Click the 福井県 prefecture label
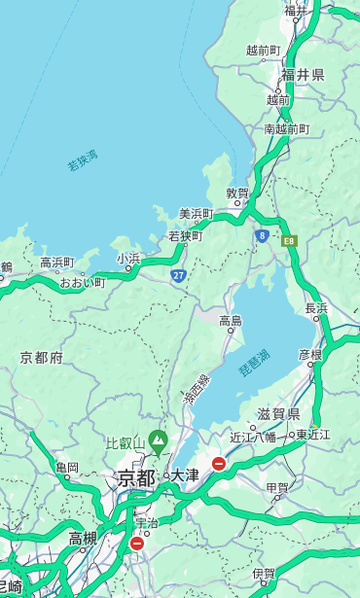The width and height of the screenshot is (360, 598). click(304, 75)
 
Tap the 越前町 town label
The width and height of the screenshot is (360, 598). click(263, 50)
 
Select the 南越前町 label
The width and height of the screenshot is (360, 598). click(286, 128)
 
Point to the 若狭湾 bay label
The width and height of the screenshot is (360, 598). click(83, 159)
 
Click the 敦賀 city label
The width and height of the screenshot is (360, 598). click(237, 193)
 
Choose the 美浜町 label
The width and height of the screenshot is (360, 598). click(196, 213)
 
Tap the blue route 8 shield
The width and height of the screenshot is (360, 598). click(262, 235)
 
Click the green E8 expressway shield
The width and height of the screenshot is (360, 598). click(288, 239)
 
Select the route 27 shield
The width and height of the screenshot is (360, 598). click(179, 275)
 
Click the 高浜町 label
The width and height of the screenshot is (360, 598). click(56, 263)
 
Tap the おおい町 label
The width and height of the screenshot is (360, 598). click(82, 282)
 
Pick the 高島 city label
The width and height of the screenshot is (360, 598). click(231, 321)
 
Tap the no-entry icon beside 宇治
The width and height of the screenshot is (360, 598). click(136, 544)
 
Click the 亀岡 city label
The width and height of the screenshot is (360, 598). click(67, 468)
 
